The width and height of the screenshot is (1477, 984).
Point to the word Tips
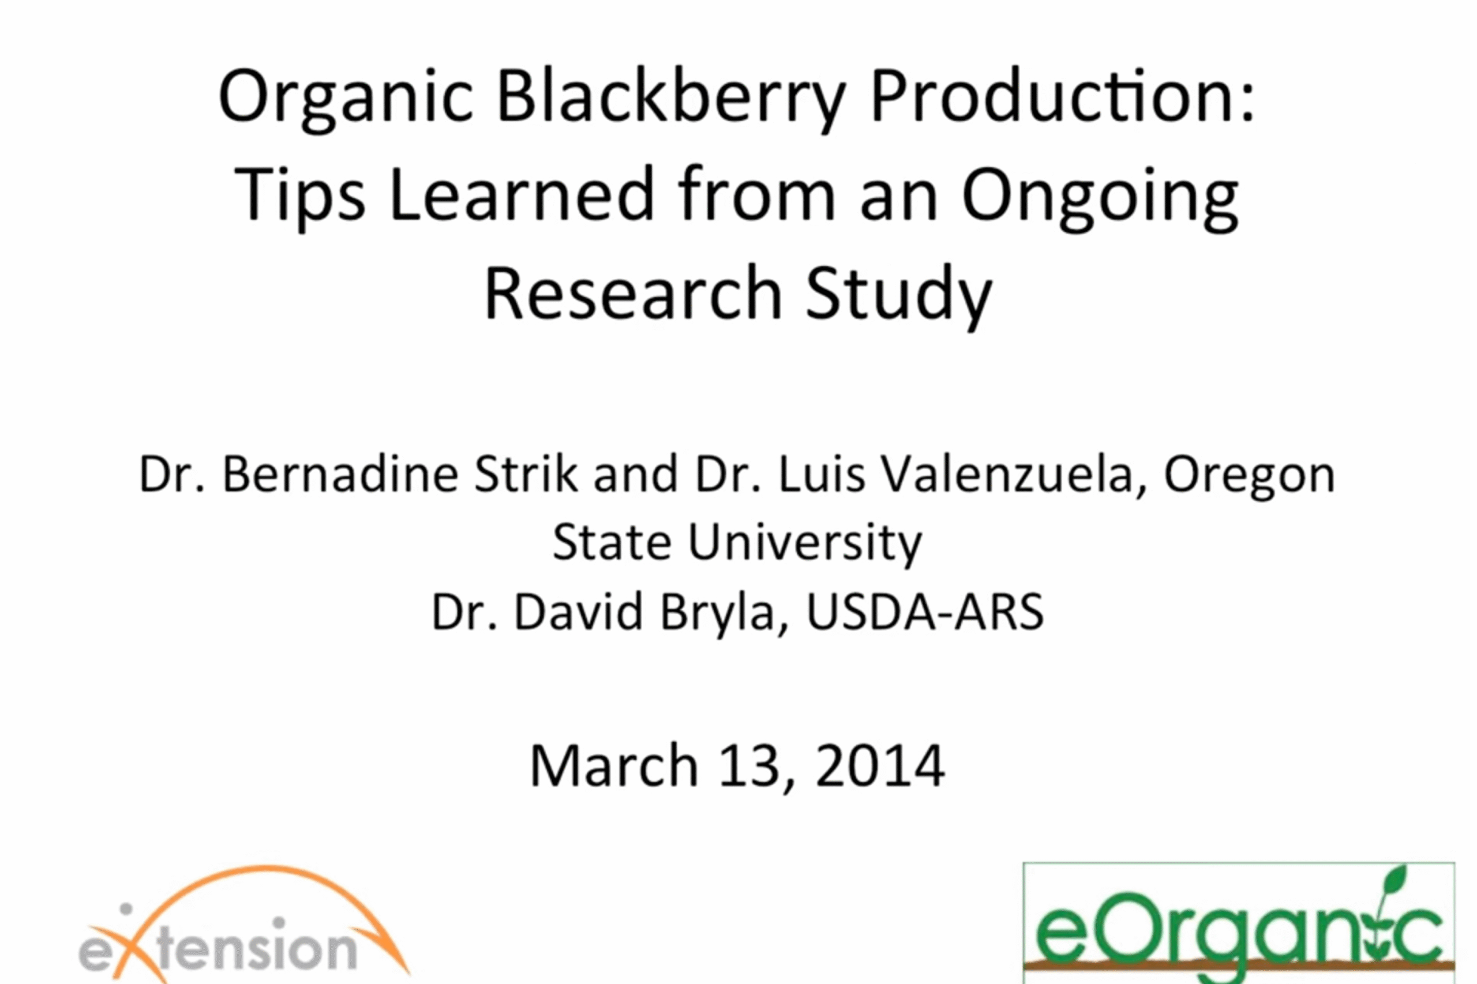(299, 197)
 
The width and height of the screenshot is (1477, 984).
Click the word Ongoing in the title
(1100, 198)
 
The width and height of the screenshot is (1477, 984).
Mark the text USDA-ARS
(925, 612)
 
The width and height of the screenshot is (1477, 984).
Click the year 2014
(880, 765)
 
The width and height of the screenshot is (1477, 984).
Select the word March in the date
(614, 765)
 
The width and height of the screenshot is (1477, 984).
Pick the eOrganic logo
(1239, 923)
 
